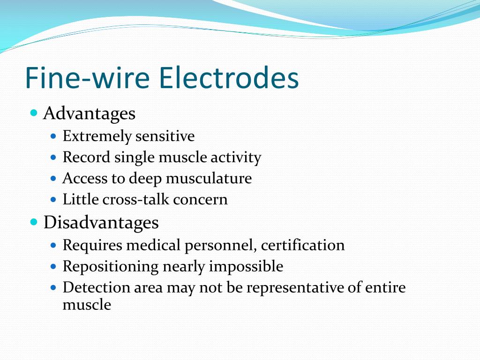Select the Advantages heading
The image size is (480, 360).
(89, 113)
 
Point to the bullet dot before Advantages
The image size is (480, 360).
(33, 113)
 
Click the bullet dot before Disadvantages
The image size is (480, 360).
(33, 222)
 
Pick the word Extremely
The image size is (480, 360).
(97, 136)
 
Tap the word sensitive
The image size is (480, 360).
(165, 136)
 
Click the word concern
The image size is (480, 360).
(201, 200)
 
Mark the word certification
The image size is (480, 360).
(303, 245)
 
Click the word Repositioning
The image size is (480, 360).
(111, 267)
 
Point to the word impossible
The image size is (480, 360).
(246, 266)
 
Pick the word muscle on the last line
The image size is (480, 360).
(87, 305)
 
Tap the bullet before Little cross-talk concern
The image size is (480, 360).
(53, 200)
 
